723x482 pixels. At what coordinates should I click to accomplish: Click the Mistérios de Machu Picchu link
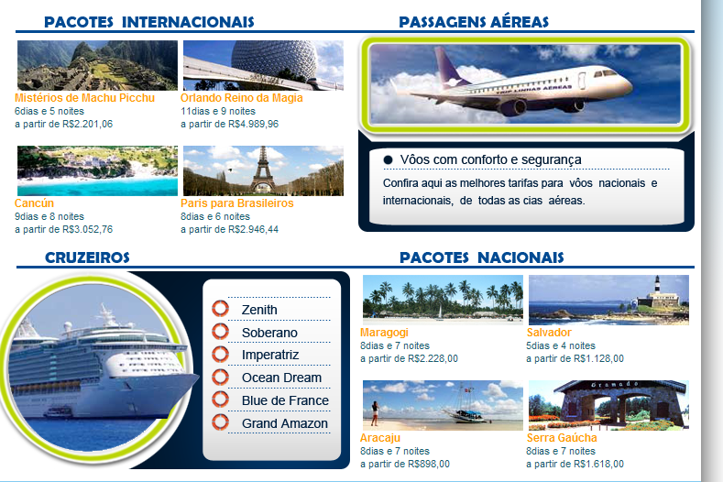point(84,98)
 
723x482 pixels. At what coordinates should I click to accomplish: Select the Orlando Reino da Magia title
point(242,98)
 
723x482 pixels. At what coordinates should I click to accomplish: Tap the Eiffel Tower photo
point(263,170)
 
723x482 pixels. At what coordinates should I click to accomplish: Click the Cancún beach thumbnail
point(97,170)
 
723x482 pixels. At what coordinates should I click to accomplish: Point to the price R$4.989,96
point(253,124)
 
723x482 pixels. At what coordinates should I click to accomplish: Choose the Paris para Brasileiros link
point(237,203)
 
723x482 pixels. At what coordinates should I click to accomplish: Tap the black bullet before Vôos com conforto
point(388,160)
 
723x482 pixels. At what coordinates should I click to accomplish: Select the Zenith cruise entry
point(259,310)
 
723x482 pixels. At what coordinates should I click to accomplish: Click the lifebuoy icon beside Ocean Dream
point(221,377)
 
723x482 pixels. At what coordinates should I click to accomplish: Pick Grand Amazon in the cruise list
point(285,423)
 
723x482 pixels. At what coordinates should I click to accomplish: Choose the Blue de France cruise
point(285,400)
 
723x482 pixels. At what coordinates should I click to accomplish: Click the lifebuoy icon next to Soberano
point(221,332)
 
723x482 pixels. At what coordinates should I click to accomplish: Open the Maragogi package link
point(384,333)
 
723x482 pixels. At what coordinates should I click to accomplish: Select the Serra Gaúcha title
point(562,438)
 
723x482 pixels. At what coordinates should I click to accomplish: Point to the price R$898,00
point(429,464)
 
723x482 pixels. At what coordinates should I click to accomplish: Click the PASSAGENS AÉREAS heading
point(474,22)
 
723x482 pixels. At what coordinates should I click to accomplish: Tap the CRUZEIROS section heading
point(87,257)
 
